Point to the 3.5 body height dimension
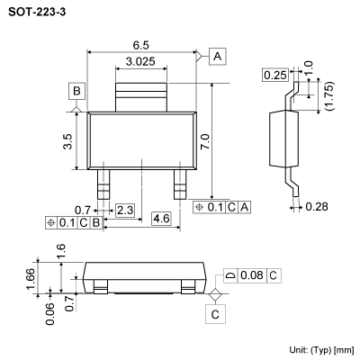(68, 140)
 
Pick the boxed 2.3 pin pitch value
(125, 210)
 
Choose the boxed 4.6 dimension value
(161, 219)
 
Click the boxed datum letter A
(219, 58)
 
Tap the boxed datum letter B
(77, 91)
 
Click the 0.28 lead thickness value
(316, 207)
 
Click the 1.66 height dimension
(30, 276)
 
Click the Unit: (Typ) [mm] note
(321, 349)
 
